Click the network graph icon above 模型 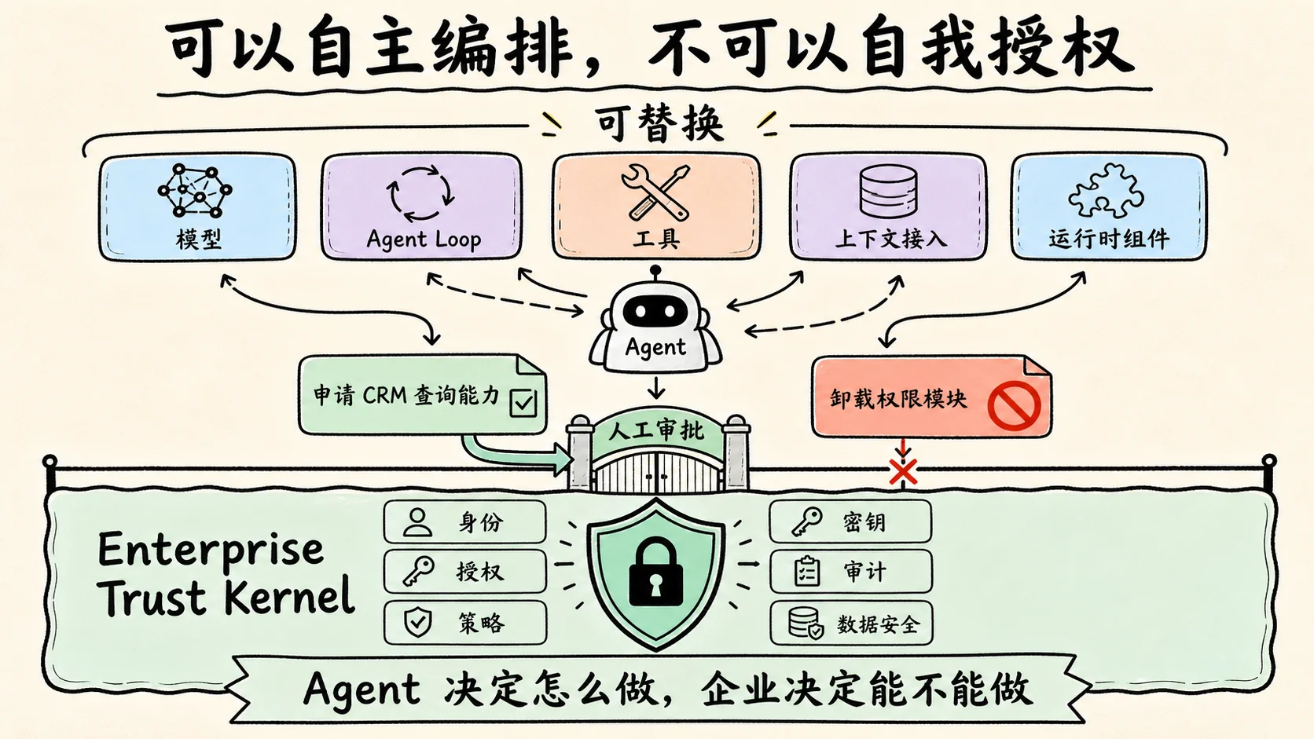[x=195, y=191]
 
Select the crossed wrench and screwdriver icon [x=656, y=192]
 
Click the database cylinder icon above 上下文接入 [x=888, y=191]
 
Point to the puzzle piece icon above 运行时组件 [x=1106, y=191]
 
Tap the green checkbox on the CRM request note [x=523, y=403]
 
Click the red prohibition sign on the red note [x=1014, y=405]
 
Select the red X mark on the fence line [x=904, y=472]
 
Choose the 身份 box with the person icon [x=464, y=521]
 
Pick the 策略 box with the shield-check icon [x=465, y=623]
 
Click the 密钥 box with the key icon [x=850, y=521]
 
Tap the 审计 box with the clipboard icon [x=850, y=572]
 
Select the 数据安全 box [x=851, y=623]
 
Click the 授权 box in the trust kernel [x=465, y=572]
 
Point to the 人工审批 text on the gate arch [x=656, y=431]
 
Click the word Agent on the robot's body [x=655, y=348]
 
